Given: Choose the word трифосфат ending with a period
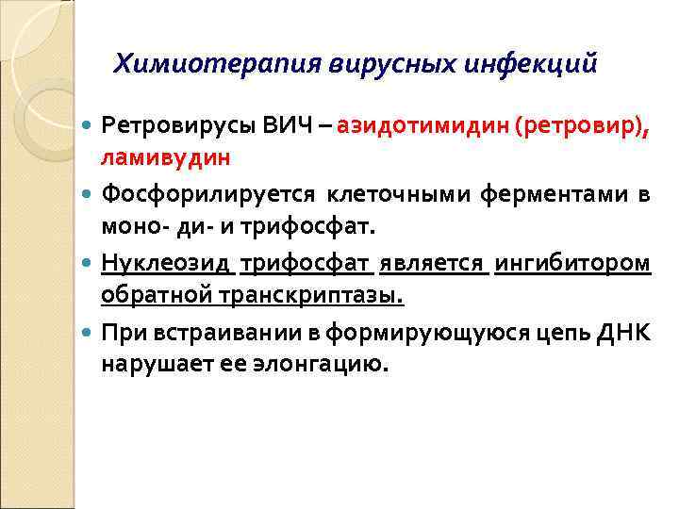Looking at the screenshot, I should click(x=331, y=227).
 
